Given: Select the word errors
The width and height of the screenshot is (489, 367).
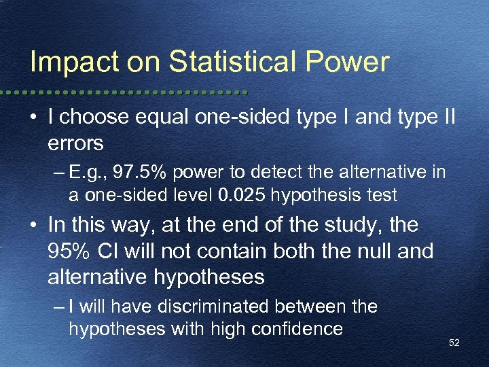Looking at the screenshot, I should [75, 143].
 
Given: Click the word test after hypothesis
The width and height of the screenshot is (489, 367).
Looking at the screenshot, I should [382, 196].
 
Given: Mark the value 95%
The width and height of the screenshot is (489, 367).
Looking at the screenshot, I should [73, 251].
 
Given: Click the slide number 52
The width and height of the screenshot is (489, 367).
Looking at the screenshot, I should [454, 343].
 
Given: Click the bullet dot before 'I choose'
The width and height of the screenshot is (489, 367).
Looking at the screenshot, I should [34, 118].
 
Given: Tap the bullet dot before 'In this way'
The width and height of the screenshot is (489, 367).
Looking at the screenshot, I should [34, 225].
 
